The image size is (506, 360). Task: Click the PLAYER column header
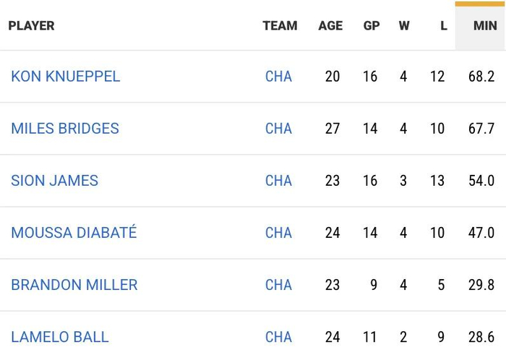point(31,26)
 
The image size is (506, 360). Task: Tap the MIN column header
point(485,26)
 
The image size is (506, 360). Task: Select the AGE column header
point(330,26)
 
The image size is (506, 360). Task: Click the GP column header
point(372,26)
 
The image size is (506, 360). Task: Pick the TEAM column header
point(280,26)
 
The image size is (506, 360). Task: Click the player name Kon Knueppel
point(66,77)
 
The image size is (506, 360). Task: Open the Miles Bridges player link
point(65,129)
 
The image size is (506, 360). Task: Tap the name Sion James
point(54,181)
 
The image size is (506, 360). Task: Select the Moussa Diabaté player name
point(74,233)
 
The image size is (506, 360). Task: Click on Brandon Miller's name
point(74,285)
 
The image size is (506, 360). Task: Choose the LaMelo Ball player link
point(60,337)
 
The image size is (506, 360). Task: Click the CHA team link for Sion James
point(278,181)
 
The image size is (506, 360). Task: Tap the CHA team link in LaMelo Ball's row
point(278,337)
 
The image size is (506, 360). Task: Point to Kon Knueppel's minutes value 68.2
point(481,77)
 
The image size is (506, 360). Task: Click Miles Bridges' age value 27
point(333,129)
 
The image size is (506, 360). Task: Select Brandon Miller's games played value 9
point(374,285)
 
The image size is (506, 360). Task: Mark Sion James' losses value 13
point(437,181)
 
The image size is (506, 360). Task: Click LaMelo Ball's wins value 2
point(403,337)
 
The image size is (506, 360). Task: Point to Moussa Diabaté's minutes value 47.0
point(481,233)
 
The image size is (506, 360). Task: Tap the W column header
point(404,26)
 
